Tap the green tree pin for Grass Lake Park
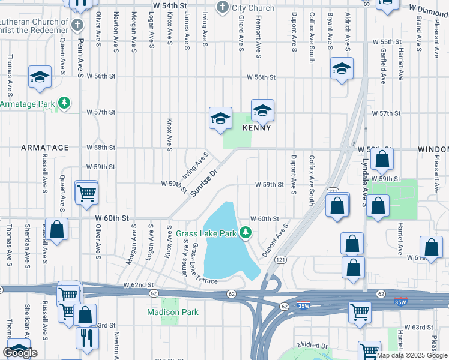245,233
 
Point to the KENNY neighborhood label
257,128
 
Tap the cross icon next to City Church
223,8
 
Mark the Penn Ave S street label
79,58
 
